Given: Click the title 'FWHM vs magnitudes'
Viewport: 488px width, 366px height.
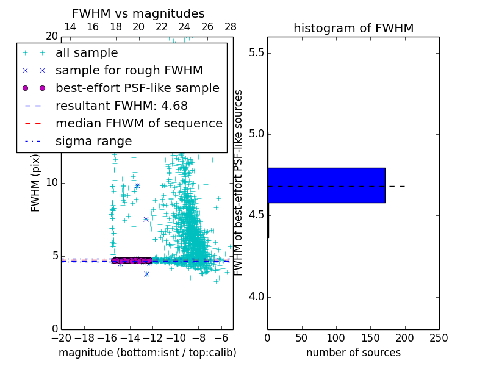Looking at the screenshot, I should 138,13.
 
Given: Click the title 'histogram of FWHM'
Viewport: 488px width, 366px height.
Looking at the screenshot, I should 353,28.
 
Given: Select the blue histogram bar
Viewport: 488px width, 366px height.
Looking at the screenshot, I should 326,185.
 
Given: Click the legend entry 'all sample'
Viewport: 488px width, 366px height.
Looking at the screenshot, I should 87,53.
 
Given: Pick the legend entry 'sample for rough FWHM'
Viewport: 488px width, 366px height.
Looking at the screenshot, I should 129,70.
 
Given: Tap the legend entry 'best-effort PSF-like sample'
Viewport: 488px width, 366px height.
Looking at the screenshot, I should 137,88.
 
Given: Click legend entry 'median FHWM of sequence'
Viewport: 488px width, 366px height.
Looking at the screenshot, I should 138,123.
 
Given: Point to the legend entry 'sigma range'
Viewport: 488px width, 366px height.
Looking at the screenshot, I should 93,141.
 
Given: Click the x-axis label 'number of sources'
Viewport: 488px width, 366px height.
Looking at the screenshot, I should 353,353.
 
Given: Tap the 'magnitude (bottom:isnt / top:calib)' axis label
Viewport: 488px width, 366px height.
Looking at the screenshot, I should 147,353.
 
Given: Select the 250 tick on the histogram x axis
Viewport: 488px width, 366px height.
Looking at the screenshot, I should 439,338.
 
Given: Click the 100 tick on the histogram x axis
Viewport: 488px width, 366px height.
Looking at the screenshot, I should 336,338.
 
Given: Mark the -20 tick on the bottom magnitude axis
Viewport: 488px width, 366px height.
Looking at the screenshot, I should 61,338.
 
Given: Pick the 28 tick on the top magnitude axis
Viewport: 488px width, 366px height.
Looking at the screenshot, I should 231,27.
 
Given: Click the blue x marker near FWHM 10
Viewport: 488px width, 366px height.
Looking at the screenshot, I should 137,185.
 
